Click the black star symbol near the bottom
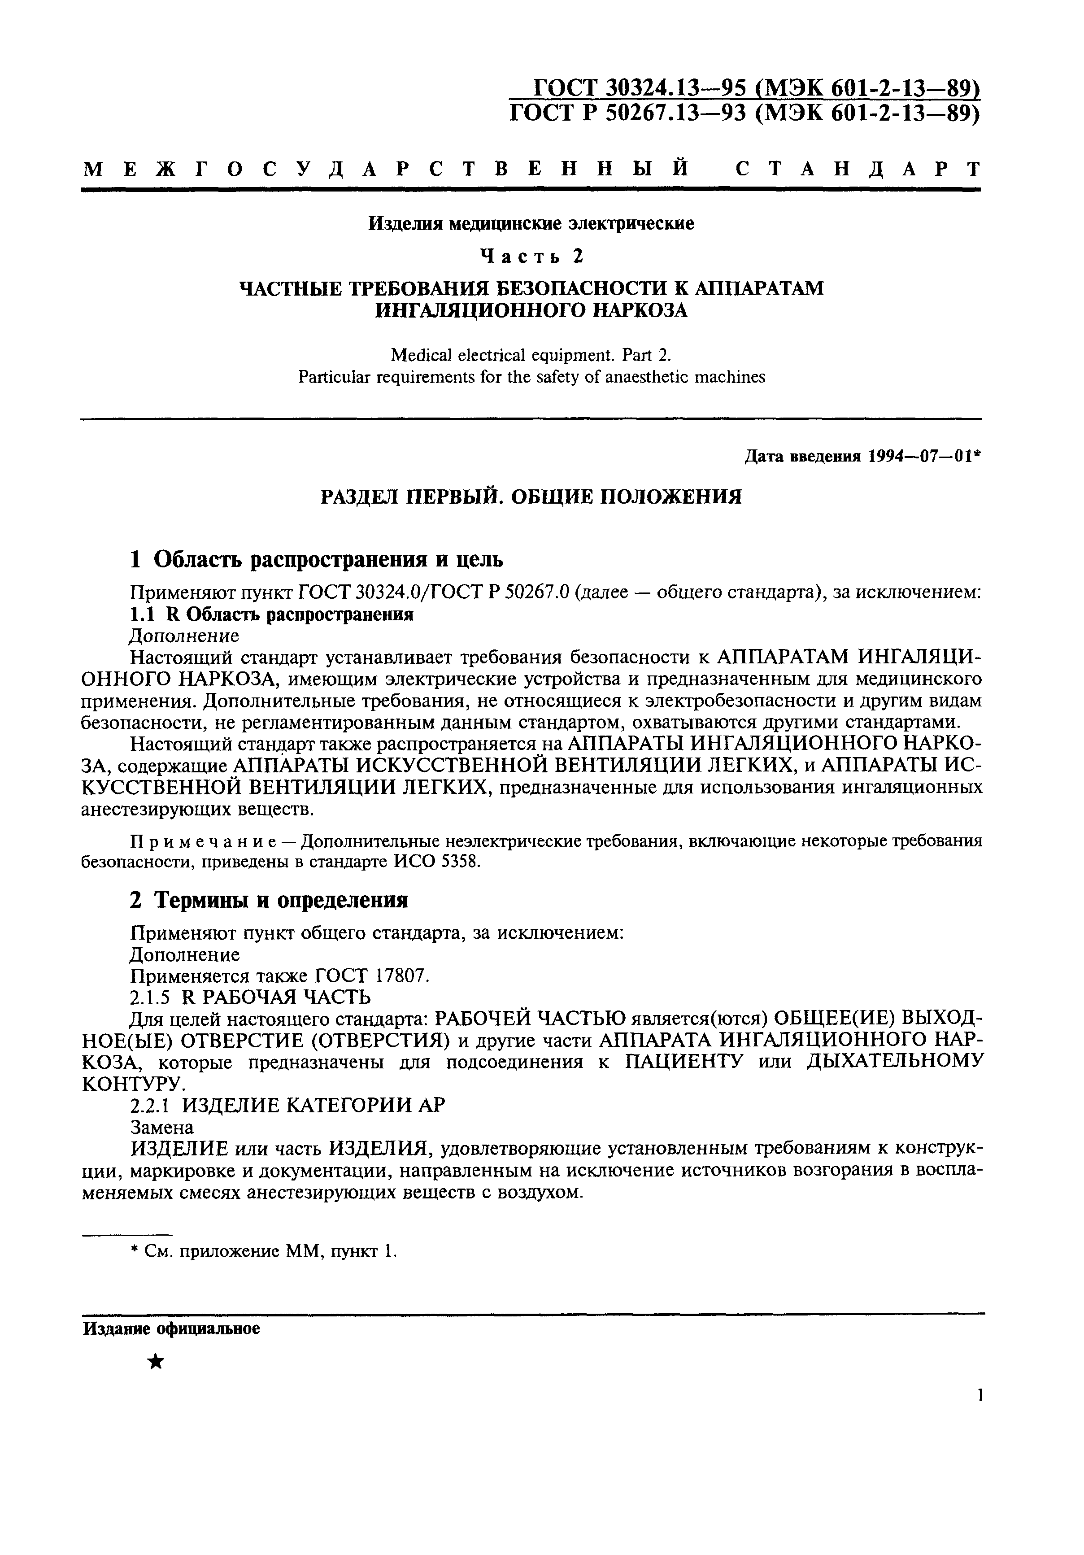pyautogui.click(x=156, y=1361)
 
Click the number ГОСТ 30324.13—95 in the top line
pyautogui.click(x=640, y=88)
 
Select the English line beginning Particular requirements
pyautogui.click(x=531, y=377)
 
